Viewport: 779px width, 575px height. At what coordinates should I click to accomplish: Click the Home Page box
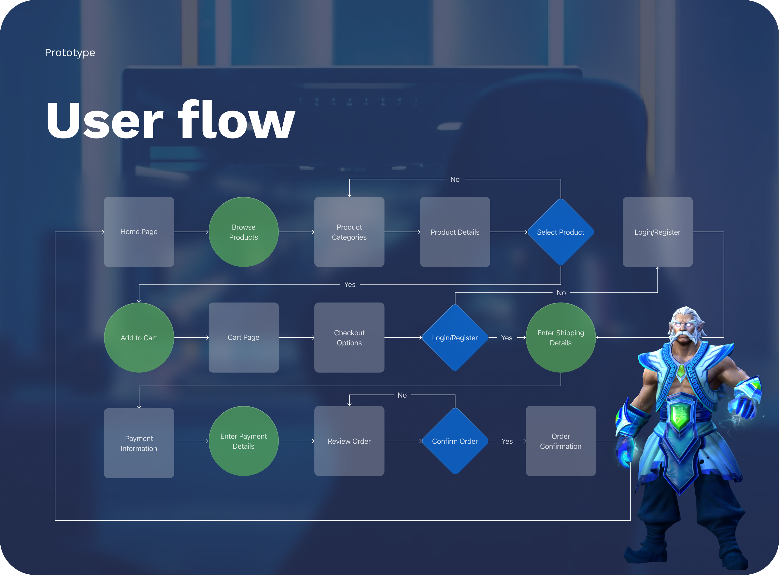tap(139, 232)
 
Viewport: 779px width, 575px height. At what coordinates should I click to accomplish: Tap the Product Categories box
tap(349, 232)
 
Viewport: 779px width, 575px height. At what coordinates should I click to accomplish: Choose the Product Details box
tap(455, 232)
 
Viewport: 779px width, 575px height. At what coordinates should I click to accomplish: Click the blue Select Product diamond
tap(561, 232)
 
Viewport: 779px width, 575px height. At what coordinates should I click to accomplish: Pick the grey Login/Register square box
tap(657, 232)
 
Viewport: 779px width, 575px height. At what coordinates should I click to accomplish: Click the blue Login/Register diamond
tap(455, 338)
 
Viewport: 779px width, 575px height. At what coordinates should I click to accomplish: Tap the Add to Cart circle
tap(139, 338)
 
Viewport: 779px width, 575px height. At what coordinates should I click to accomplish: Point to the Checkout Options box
tap(349, 338)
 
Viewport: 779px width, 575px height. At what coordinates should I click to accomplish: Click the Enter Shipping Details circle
tap(561, 338)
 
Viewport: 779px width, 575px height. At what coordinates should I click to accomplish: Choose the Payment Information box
tap(139, 443)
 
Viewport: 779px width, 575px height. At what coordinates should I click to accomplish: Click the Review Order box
tap(349, 441)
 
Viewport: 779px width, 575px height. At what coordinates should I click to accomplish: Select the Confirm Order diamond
tap(455, 441)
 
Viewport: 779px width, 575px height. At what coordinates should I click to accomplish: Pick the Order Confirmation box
tap(561, 441)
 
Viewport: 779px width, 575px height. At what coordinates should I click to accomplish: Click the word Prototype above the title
tap(70, 53)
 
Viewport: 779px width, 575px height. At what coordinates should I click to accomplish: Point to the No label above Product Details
tap(455, 179)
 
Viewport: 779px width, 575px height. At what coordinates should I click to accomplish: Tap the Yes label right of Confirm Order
tap(507, 441)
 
